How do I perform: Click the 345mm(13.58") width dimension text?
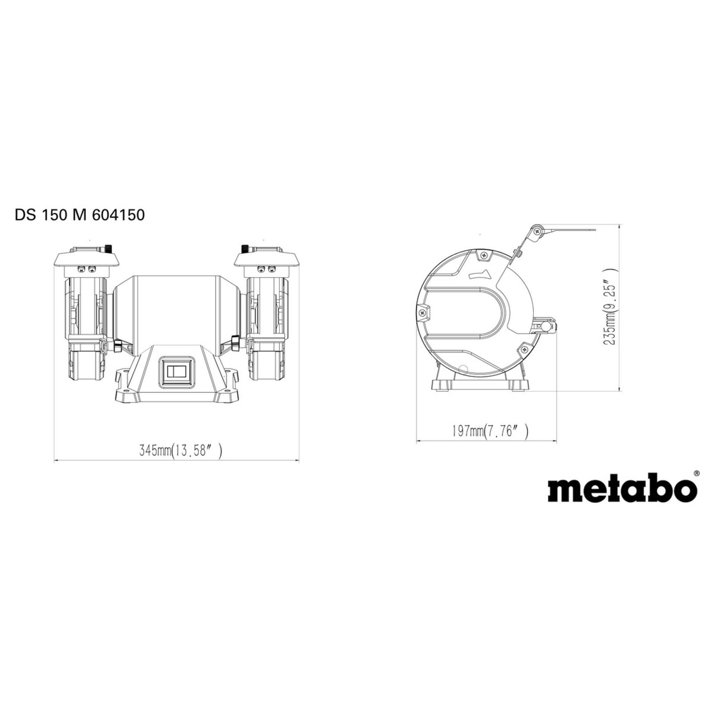click(x=181, y=451)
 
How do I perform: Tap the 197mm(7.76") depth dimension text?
click(x=490, y=431)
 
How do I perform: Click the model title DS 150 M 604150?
click(x=80, y=215)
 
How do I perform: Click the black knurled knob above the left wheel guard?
click(x=109, y=248)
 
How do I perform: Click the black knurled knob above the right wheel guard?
click(x=245, y=248)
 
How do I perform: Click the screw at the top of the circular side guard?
click(x=483, y=255)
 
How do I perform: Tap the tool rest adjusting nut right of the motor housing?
click(x=235, y=342)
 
